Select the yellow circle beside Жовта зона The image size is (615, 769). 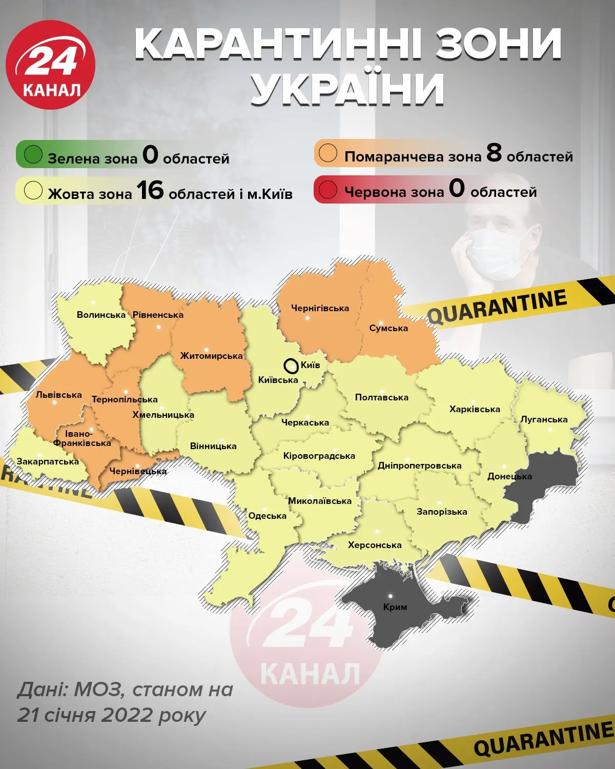click(x=33, y=191)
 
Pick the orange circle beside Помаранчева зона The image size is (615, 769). click(x=328, y=153)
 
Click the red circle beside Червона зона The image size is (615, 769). click(x=328, y=190)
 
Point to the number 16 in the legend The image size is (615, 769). click(x=150, y=191)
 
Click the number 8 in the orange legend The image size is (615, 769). click(x=494, y=153)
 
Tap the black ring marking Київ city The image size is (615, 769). click(x=291, y=366)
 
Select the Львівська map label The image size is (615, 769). click(x=58, y=395)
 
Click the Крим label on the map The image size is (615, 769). click(x=395, y=607)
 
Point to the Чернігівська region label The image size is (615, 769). click(x=320, y=308)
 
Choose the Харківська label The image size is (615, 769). click(x=475, y=409)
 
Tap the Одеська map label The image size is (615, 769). click(x=267, y=516)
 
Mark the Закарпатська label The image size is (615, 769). click(x=48, y=461)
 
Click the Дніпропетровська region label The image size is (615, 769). click(x=419, y=466)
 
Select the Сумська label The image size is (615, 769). click(x=388, y=328)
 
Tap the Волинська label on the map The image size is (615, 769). click(x=101, y=315)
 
